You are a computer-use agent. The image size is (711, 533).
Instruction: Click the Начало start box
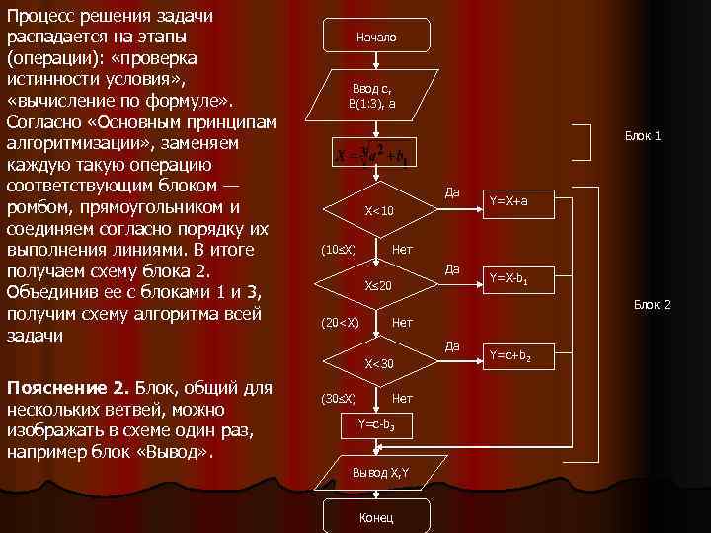pos(377,37)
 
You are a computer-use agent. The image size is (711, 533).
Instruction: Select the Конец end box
pos(377,517)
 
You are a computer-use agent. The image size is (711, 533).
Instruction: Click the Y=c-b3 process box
pos(377,424)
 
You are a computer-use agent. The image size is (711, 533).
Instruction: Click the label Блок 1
pos(642,135)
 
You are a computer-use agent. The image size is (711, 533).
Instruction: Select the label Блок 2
pos(652,305)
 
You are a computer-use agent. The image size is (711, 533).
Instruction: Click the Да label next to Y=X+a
pos(452,191)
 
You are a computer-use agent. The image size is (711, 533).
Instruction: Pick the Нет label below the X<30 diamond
pos(402,399)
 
